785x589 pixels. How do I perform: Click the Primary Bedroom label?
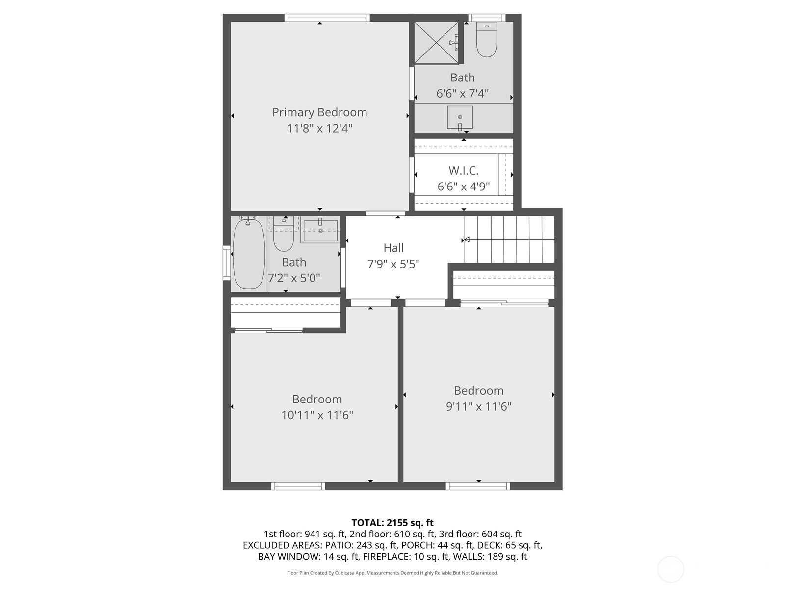319,113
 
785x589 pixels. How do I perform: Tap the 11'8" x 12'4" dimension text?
320,128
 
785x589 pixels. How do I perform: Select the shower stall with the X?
436,43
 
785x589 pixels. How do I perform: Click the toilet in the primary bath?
486,39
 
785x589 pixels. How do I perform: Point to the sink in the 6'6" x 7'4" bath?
460,117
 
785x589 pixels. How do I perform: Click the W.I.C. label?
464,171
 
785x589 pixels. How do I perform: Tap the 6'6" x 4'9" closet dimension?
464,187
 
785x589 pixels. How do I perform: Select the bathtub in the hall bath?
249,253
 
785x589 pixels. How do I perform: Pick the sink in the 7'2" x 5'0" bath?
320,231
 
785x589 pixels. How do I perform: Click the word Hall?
393,248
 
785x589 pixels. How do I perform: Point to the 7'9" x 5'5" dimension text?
393,264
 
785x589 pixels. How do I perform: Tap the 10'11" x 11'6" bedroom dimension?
317,415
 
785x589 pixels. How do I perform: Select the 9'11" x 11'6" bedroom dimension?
478,406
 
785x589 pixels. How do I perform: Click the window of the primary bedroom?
327,18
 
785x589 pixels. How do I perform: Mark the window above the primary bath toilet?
487,18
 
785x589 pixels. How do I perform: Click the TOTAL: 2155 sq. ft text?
392,523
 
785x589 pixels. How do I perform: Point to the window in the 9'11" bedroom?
478,486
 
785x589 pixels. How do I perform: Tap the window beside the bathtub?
227,263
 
